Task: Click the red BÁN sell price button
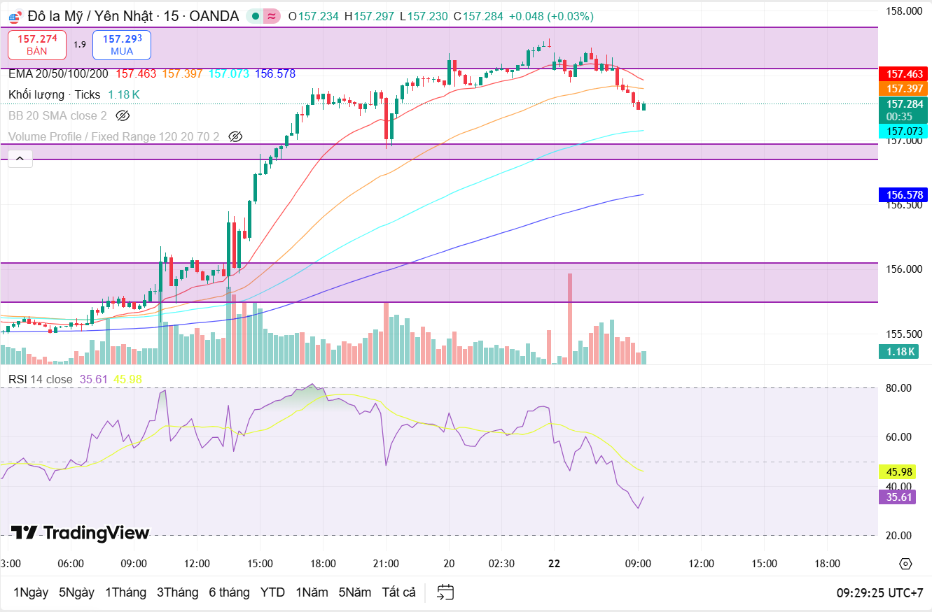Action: pyautogui.click(x=37, y=44)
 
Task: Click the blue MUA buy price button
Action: pyautogui.click(x=122, y=44)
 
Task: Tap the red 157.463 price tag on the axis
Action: pyautogui.click(x=905, y=73)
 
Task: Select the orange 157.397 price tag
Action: pyautogui.click(x=905, y=88)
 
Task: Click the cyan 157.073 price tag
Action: pyautogui.click(x=905, y=131)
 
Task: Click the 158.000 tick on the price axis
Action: pyautogui.click(x=903, y=10)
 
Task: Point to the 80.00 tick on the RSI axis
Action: pyautogui.click(x=898, y=387)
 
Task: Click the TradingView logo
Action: pyautogui.click(x=81, y=533)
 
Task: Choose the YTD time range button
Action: pyautogui.click(x=272, y=592)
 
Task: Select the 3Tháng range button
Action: pyautogui.click(x=177, y=592)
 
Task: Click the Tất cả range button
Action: pyautogui.click(x=398, y=592)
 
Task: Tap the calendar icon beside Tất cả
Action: pyautogui.click(x=445, y=592)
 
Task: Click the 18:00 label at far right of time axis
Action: pyautogui.click(x=827, y=563)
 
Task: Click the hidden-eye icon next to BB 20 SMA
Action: pyautogui.click(x=123, y=115)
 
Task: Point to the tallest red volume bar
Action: pyautogui.click(x=569, y=318)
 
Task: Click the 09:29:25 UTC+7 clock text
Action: pyautogui.click(x=879, y=592)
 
